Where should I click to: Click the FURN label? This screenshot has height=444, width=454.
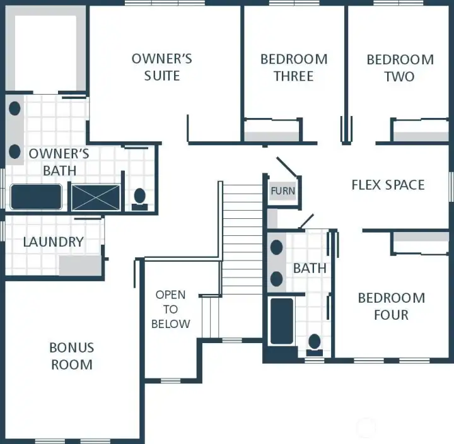coord(283,191)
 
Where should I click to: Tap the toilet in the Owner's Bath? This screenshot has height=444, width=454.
coord(139,199)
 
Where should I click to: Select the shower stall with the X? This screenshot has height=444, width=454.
coord(96,197)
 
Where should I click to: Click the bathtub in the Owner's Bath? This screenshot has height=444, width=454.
coord(36,197)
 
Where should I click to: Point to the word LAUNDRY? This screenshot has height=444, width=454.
coord(54,242)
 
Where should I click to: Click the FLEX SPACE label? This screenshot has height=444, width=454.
coord(388,185)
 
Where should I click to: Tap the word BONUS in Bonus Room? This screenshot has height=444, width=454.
coord(71,348)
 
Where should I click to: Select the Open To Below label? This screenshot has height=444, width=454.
coord(171,309)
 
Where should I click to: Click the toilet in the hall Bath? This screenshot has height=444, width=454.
coord(315,344)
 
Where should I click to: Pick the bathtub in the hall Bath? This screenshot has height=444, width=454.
coord(282,321)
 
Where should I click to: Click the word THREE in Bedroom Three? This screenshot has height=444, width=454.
coord(294,76)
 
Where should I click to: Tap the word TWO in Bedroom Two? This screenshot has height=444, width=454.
coord(400,77)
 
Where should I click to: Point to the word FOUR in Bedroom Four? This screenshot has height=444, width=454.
coord(391,315)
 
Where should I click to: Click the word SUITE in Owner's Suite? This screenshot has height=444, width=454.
coord(162,76)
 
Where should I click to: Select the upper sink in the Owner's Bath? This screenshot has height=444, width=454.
coord(15,108)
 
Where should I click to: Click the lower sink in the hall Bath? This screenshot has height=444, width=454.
coord(277,279)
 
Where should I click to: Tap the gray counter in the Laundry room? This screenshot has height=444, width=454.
coord(80,266)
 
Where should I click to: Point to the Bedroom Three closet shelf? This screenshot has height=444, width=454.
coord(272,137)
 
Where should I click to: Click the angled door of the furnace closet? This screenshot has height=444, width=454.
coord(287,167)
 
